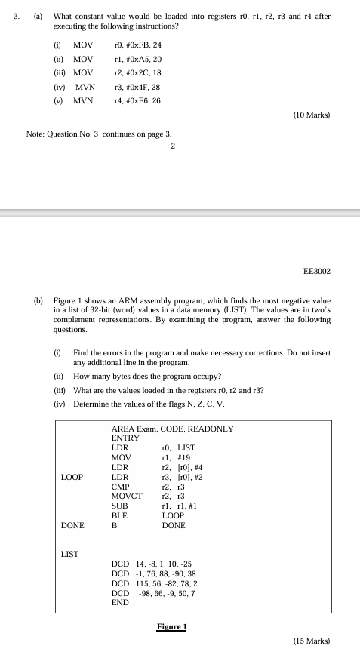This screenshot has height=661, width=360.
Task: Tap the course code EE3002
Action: (316, 270)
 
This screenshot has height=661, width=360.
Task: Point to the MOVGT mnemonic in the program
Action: (125, 496)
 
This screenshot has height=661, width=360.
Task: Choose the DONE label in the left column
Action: (72, 525)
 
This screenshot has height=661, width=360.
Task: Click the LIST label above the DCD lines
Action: (70, 554)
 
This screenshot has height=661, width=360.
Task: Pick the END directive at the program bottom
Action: (120, 603)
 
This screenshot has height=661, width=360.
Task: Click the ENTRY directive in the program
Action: (125, 438)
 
